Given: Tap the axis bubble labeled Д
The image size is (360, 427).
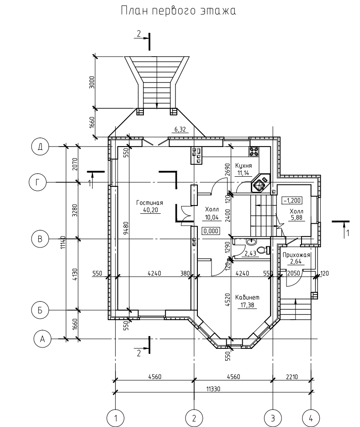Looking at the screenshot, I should (40, 147).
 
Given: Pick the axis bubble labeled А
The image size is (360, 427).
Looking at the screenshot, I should (42, 339).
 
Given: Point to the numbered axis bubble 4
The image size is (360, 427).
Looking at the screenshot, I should (311, 417).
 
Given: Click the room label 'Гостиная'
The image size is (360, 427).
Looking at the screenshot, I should (150, 203).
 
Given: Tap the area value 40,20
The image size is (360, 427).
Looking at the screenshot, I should (150, 211).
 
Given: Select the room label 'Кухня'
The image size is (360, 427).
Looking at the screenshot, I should (244, 165).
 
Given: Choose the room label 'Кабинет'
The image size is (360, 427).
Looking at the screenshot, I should (247, 297).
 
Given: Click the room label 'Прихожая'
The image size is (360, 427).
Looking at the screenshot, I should (297, 255).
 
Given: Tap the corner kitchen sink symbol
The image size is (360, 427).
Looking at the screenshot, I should (260, 184).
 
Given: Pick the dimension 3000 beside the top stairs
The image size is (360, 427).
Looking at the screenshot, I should (92, 82).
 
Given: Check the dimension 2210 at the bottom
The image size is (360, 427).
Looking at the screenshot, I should (292, 377).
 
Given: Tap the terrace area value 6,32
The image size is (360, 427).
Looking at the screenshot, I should (180, 130).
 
